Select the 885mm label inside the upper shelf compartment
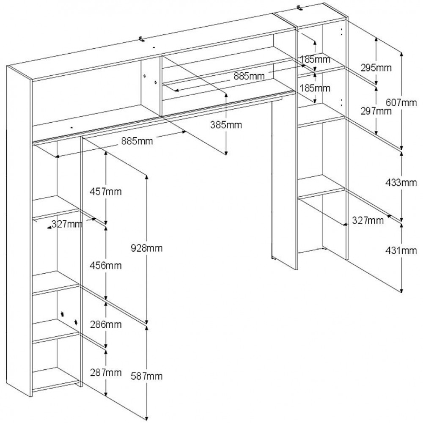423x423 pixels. (x=249, y=76)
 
